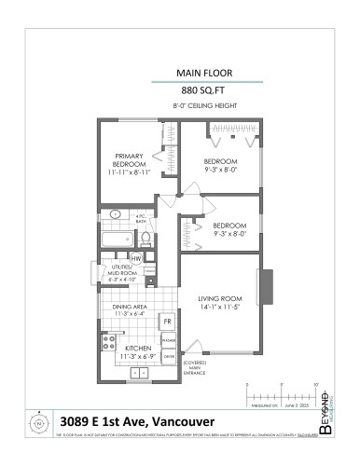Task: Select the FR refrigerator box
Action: (168, 322)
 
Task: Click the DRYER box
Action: (169, 357)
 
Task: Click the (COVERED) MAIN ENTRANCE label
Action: (194, 368)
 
